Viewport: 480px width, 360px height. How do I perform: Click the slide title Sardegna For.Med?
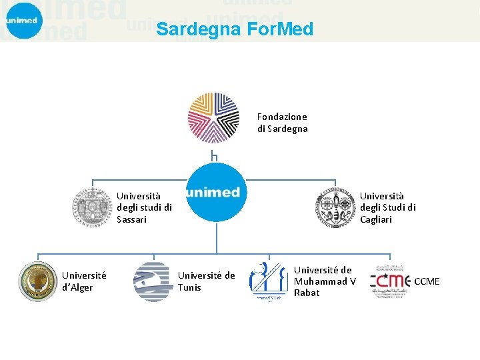[x=234, y=29]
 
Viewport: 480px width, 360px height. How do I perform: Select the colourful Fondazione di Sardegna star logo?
[x=213, y=118]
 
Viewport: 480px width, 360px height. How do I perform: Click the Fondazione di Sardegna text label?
[x=283, y=123]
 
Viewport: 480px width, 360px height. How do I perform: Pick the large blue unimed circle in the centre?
[x=216, y=192]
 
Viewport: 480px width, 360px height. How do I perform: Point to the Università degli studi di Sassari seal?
[x=93, y=207]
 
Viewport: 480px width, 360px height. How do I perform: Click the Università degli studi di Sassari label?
[x=144, y=207]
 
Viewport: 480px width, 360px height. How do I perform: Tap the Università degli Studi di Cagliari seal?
[x=335, y=207]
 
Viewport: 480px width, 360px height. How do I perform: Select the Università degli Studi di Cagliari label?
[x=388, y=207]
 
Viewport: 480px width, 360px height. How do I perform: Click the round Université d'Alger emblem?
[x=38, y=281]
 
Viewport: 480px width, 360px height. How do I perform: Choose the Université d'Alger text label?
[x=77, y=281]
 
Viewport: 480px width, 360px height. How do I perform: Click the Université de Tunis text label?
[x=206, y=281]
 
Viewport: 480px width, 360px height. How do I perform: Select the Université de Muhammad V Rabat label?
[x=325, y=281]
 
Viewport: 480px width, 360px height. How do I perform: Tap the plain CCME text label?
[x=427, y=281]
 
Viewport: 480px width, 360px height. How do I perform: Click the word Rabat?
[x=307, y=293]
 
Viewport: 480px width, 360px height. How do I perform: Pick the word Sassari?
[x=131, y=219]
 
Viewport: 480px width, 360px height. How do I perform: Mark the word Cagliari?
[x=376, y=219]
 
